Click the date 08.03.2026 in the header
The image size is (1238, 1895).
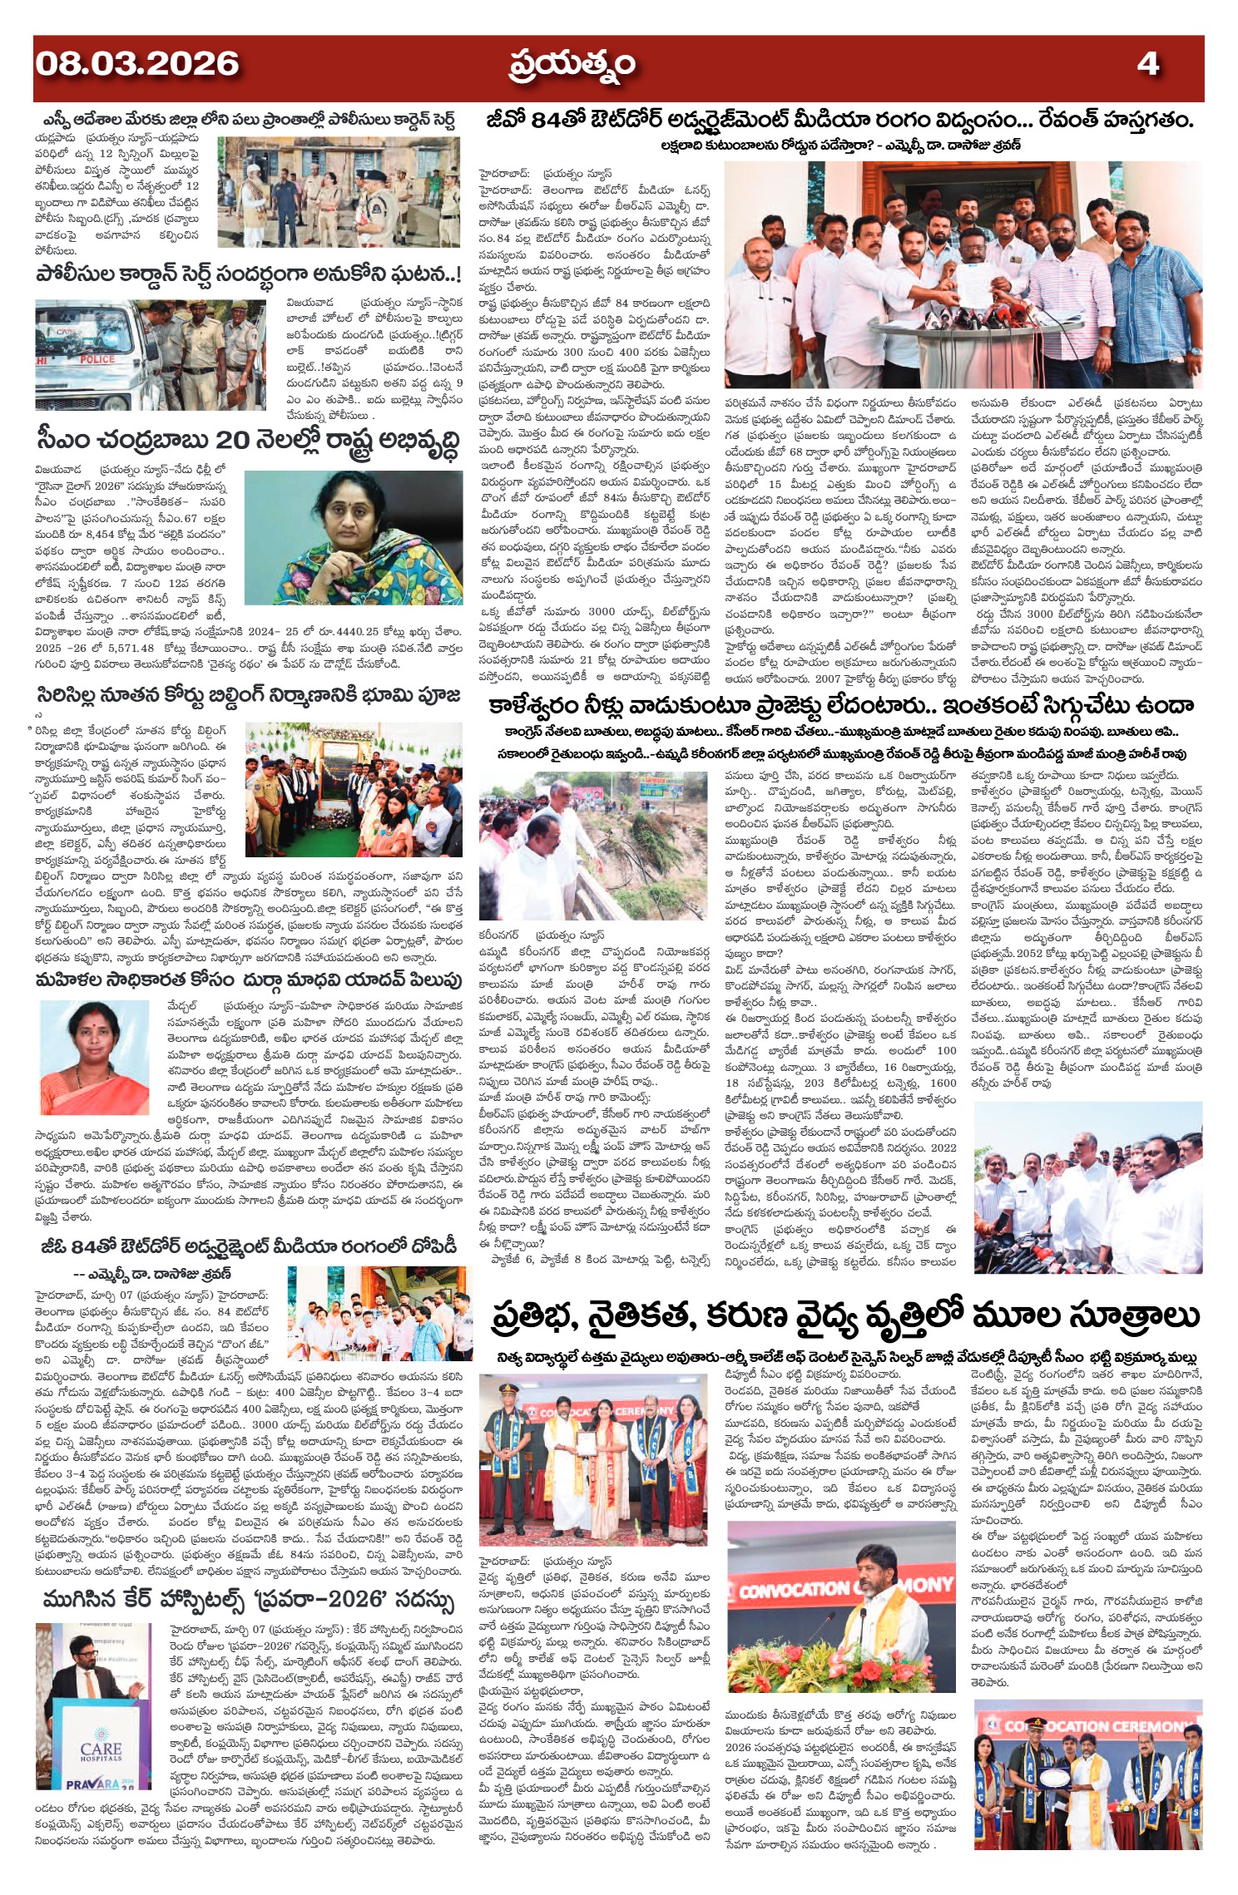[136, 64]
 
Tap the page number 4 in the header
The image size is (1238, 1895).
[1147, 64]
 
